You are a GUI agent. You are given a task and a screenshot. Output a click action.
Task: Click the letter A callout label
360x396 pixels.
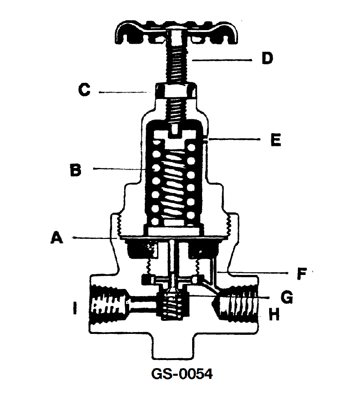(57, 238)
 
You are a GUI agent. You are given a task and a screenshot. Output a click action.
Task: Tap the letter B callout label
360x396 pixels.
(76, 170)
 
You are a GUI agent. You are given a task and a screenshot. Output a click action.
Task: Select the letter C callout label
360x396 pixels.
(84, 90)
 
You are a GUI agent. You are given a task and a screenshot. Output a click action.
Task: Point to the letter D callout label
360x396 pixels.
(267, 58)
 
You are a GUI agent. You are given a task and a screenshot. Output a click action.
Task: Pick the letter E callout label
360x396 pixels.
(275, 139)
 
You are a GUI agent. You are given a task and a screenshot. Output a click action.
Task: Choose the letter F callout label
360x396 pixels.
(301, 274)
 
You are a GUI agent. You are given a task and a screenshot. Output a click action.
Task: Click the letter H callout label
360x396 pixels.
(274, 314)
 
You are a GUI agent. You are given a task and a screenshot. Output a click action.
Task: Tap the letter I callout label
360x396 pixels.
(75, 308)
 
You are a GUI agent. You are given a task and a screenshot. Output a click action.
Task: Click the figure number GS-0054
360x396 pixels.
(182, 374)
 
